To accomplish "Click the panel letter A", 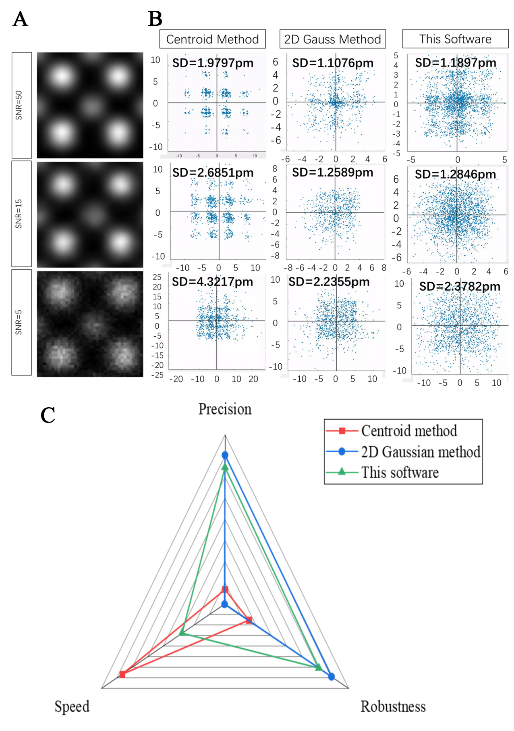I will coord(20,19).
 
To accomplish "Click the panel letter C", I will coord(48,415).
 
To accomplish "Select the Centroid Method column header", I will coord(212,39).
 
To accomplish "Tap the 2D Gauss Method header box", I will coord(332,39).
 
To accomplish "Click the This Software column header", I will coord(455,39).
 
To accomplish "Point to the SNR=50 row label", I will coord(19,105).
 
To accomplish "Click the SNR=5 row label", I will coord(19,322).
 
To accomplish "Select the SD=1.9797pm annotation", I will coord(213,63).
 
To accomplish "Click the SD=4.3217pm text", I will coord(212,281).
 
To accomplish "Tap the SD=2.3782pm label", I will coord(460,286).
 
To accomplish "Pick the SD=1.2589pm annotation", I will coord(332,172).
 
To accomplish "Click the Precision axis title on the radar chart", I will coord(225,409).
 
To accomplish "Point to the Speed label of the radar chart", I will coord(72,706).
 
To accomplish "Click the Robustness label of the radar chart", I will coord(393,706).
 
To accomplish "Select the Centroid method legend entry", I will coord(408,431).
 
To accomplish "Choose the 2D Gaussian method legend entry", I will coord(420,452).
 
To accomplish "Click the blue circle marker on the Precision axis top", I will coord(225,455).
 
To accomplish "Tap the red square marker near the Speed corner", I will coord(122,675).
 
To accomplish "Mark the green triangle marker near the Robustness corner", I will coord(319,668).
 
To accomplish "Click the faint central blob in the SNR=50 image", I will coord(91,107).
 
